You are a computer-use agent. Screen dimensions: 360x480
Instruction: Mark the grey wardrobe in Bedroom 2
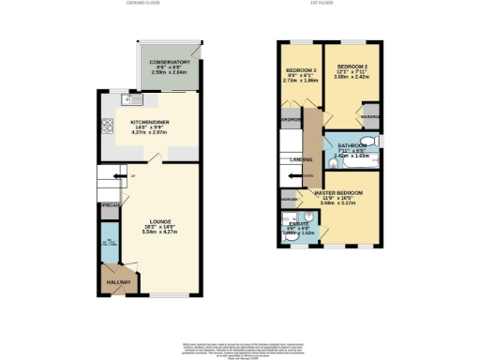pos(370,117)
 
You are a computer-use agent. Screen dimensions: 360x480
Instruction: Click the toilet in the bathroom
pos(376,141)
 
